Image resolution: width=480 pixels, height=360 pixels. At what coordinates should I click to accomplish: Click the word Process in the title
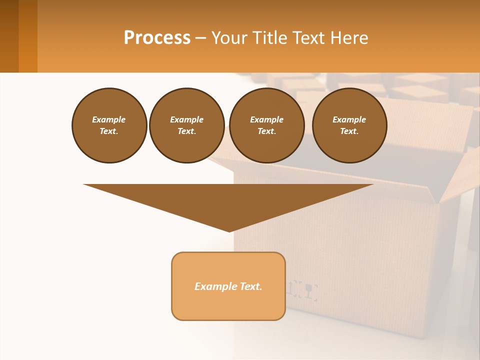tap(157, 38)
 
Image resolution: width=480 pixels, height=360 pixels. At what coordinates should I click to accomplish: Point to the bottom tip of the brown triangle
tap(229, 230)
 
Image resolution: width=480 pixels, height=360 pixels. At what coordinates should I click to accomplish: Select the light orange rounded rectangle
tap(228, 305)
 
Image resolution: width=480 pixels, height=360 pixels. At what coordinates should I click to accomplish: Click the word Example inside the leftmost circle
tap(109, 119)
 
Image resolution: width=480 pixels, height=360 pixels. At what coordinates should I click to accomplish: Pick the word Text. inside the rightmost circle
tap(349, 131)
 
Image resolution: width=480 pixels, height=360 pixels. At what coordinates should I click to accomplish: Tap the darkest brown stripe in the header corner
tap(9, 36)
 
